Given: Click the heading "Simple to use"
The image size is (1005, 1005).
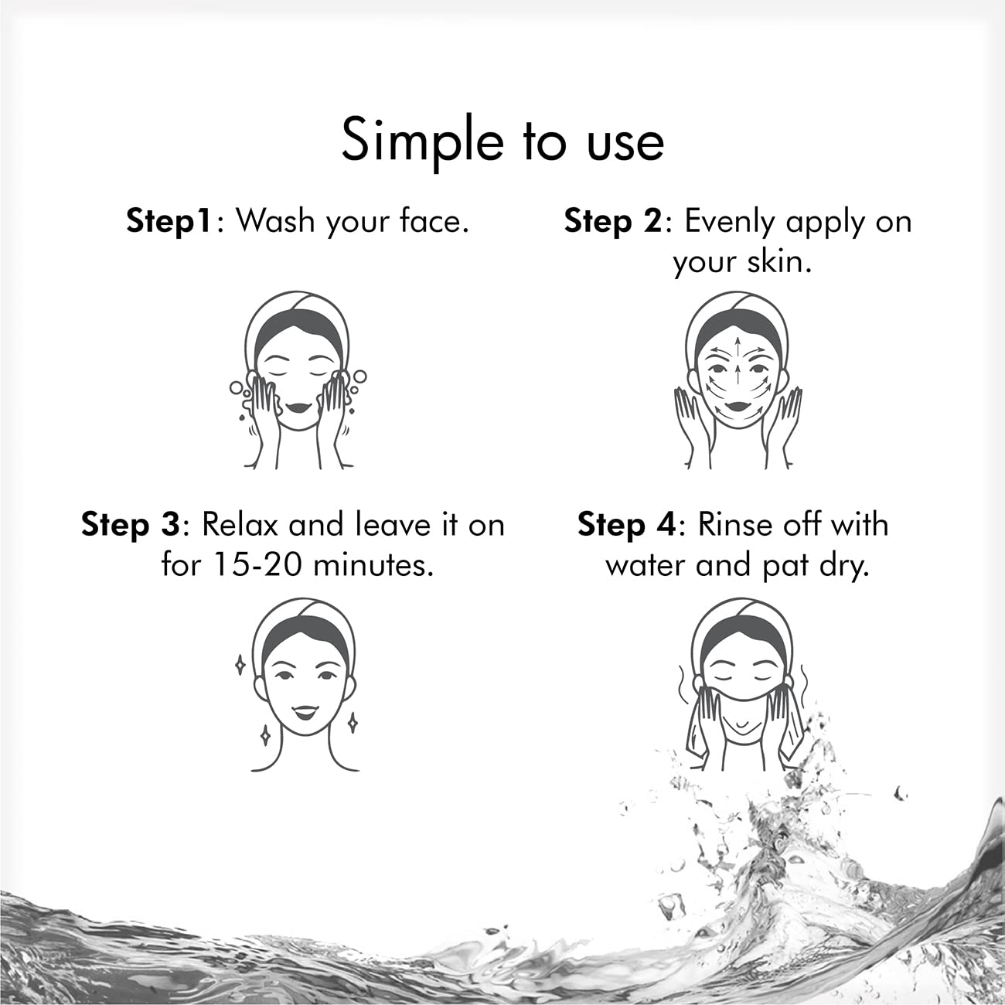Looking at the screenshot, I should [x=502, y=140].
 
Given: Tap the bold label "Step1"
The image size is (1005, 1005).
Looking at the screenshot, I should [x=169, y=221].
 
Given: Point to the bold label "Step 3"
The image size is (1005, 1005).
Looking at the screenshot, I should [x=130, y=525].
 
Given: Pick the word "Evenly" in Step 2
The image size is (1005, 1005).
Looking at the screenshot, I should [x=730, y=221].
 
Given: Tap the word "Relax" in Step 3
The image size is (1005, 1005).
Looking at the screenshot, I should [x=240, y=525].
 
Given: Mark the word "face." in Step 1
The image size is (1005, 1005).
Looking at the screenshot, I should [x=434, y=221].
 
